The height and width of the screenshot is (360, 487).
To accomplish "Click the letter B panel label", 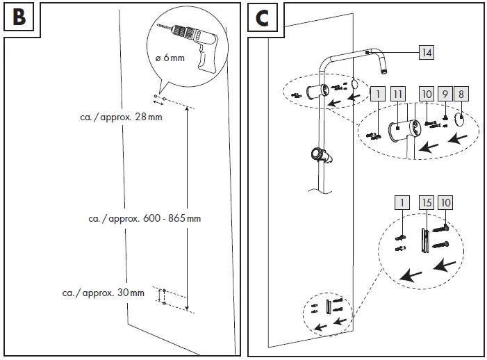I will (19, 17).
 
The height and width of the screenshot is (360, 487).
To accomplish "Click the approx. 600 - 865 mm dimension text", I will (145, 218).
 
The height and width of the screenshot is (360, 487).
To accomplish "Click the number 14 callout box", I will (427, 52).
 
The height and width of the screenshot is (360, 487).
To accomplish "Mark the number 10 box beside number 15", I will (445, 203).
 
